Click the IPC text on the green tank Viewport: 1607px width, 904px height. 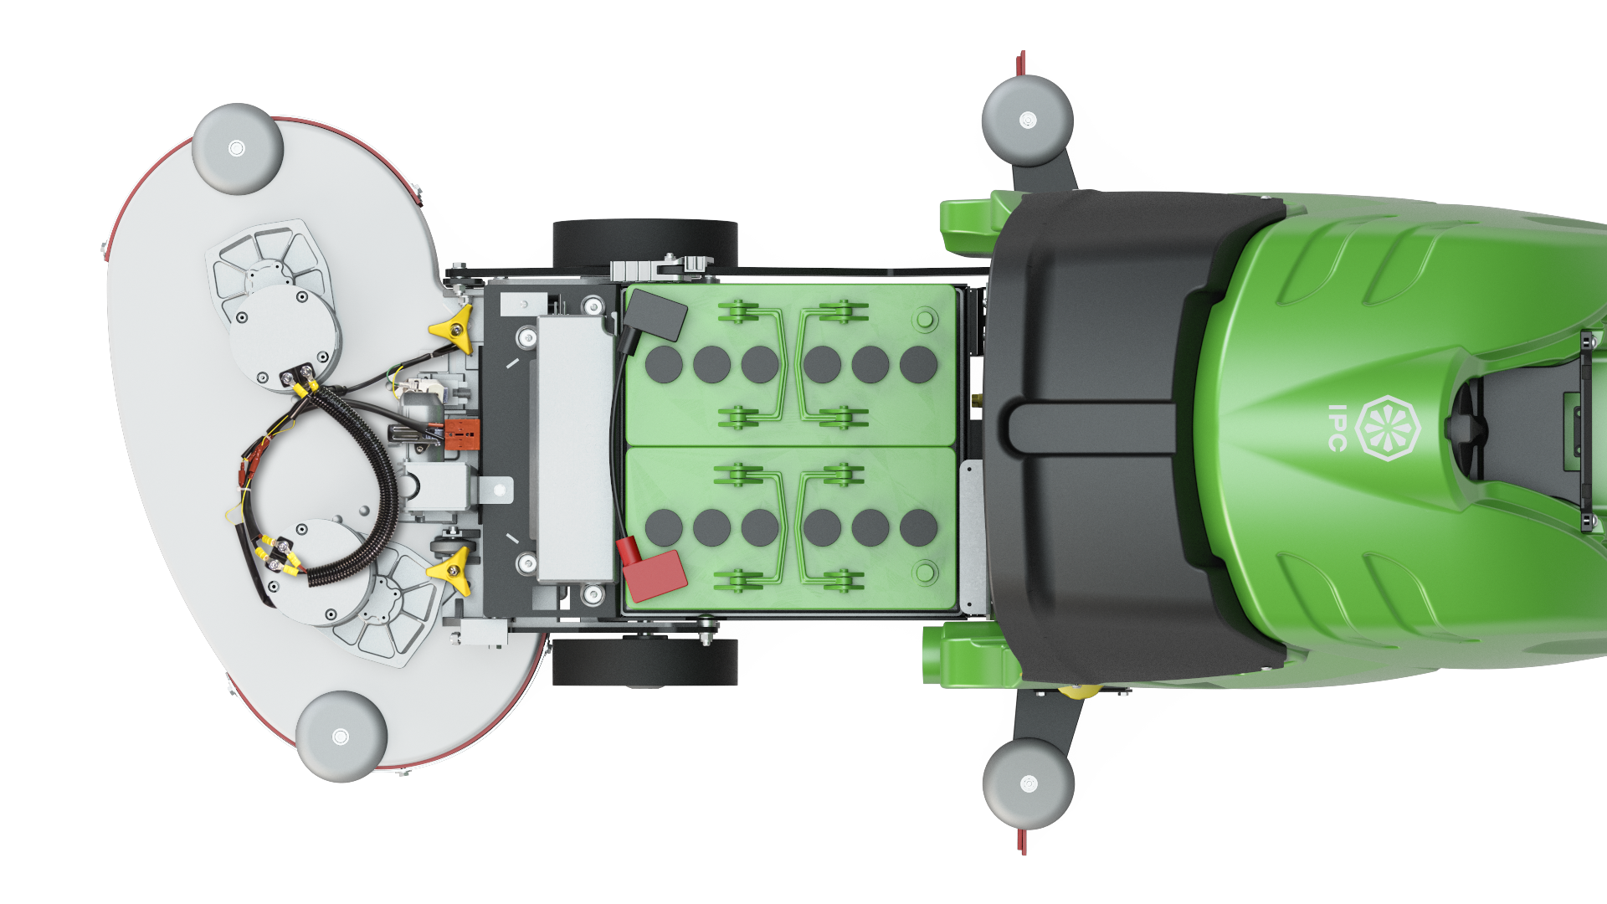[x=1337, y=428]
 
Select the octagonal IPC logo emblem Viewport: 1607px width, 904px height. [x=1388, y=428]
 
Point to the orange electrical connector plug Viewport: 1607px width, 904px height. [x=462, y=434]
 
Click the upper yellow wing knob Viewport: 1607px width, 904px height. [x=454, y=327]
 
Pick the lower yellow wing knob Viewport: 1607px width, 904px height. [x=452, y=571]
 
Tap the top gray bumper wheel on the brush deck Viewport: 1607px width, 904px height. [x=238, y=149]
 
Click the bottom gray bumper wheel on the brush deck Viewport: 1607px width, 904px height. [x=341, y=737]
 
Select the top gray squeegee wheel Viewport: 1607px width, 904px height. [x=1028, y=121]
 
